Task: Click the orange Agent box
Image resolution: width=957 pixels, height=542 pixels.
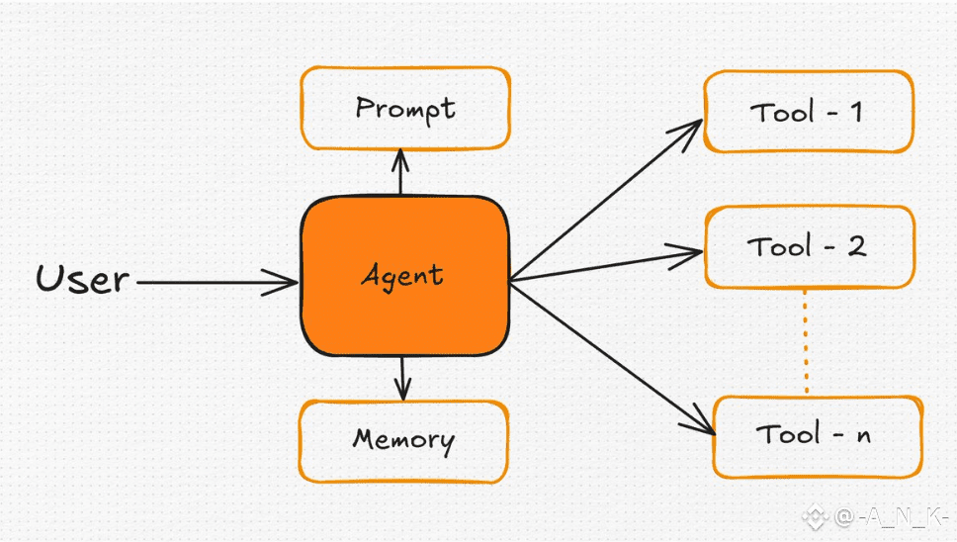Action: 404,276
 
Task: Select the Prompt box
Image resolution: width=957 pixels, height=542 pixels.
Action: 405,109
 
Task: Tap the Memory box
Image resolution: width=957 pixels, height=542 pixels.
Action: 404,441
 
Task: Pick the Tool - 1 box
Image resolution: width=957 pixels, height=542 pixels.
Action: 809,112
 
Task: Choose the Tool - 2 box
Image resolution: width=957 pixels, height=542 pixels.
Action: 810,247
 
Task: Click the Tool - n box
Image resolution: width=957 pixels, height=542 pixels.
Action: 818,436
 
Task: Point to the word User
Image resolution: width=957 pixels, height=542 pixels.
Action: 82,279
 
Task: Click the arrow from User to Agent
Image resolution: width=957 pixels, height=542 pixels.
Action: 217,283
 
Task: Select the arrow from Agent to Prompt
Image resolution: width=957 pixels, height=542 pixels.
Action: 400,172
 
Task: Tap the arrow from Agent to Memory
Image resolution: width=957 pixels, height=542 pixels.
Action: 402,379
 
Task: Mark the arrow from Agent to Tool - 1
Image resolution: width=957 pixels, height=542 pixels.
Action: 606,200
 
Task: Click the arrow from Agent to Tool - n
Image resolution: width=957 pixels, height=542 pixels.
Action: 612,359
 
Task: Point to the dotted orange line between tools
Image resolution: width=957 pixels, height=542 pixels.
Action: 806,342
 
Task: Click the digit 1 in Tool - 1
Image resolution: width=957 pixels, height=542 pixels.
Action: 856,112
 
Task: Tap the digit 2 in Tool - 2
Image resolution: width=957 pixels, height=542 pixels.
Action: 857,246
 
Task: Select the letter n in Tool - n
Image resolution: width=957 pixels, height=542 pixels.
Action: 863,436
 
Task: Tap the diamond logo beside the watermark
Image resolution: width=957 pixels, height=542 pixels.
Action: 816,518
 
